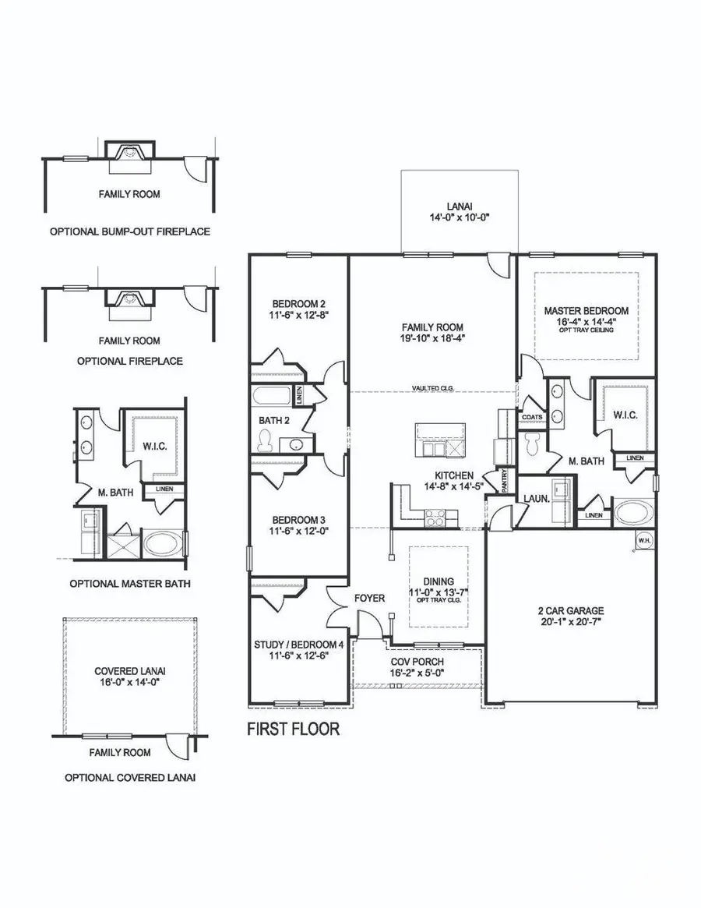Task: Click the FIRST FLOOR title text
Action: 293,730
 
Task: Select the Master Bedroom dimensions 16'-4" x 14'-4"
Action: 586,320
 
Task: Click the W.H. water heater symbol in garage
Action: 644,539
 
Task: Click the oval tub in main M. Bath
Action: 635,514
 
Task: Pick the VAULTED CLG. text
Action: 434,388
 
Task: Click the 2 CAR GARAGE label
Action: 571,611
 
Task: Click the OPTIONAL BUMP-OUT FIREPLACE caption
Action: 130,232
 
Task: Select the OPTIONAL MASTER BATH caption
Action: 129,583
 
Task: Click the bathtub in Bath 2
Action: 272,397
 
